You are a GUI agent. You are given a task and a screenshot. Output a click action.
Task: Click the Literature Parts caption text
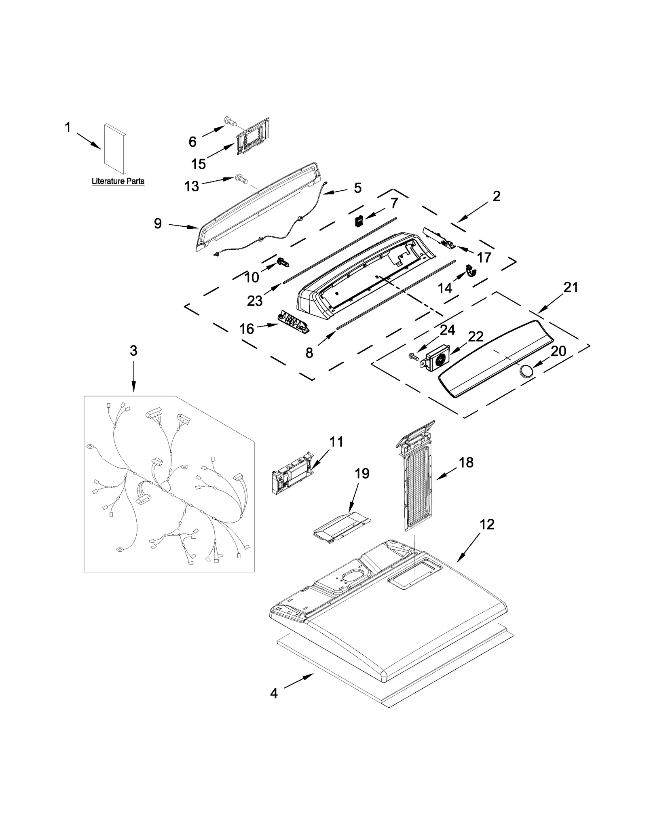(118, 181)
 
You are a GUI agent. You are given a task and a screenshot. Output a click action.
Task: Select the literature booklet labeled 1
(115, 148)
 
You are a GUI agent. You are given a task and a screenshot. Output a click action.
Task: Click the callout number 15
(198, 164)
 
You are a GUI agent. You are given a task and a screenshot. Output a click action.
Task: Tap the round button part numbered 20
(526, 370)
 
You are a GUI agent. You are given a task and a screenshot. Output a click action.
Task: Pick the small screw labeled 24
(413, 356)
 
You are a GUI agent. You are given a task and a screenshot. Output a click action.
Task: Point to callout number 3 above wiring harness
(133, 350)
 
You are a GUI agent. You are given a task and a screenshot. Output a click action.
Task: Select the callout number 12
(487, 525)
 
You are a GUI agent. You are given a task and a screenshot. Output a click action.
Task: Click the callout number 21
(571, 288)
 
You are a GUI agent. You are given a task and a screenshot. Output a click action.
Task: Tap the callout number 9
(158, 223)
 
